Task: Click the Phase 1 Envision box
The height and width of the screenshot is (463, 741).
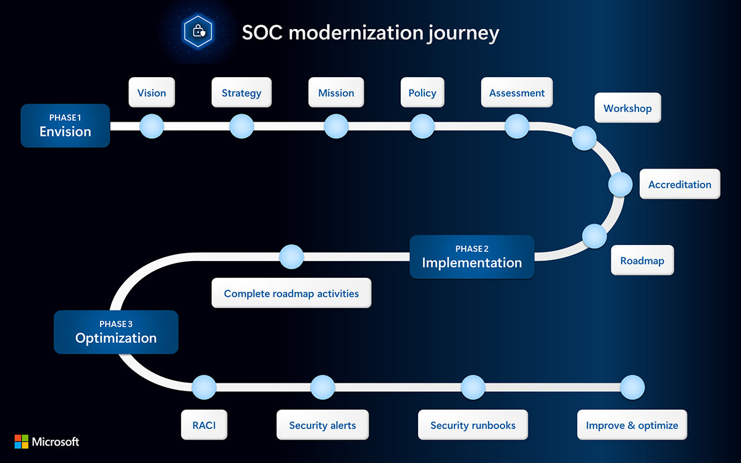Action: (x=65, y=125)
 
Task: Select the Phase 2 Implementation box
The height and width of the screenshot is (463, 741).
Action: (x=472, y=257)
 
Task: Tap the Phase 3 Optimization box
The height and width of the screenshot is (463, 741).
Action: (x=115, y=332)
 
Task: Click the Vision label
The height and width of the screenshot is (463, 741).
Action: (x=151, y=93)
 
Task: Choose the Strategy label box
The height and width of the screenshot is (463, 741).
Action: (x=241, y=93)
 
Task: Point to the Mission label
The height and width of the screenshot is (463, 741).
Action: (x=336, y=93)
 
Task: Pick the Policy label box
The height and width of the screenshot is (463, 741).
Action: (x=422, y=93)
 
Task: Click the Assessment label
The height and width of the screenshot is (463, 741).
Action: (x=517, y=93)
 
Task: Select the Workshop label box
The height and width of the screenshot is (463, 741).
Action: (x=627, y=108)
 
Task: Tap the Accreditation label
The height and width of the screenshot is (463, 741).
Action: (x=679, y=184)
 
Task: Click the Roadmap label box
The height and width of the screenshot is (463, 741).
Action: (x=642, y=261)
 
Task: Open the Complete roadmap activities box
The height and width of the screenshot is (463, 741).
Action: (x=291, y=293)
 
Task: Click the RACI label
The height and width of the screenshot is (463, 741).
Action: (x=204, y=425)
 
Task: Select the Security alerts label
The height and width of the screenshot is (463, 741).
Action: (x=322, y=425)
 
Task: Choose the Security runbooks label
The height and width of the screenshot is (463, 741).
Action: (x=473, y=425)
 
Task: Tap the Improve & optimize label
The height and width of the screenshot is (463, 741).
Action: (x=632, y=425)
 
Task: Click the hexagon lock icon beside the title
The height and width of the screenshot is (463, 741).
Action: (x=198, y=30)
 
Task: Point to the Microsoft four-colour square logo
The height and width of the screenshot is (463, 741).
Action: (x=22, y=441)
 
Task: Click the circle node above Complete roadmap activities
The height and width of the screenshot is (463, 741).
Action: (x=291, y=257)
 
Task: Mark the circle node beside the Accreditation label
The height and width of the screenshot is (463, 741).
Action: (x=621, y=184)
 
